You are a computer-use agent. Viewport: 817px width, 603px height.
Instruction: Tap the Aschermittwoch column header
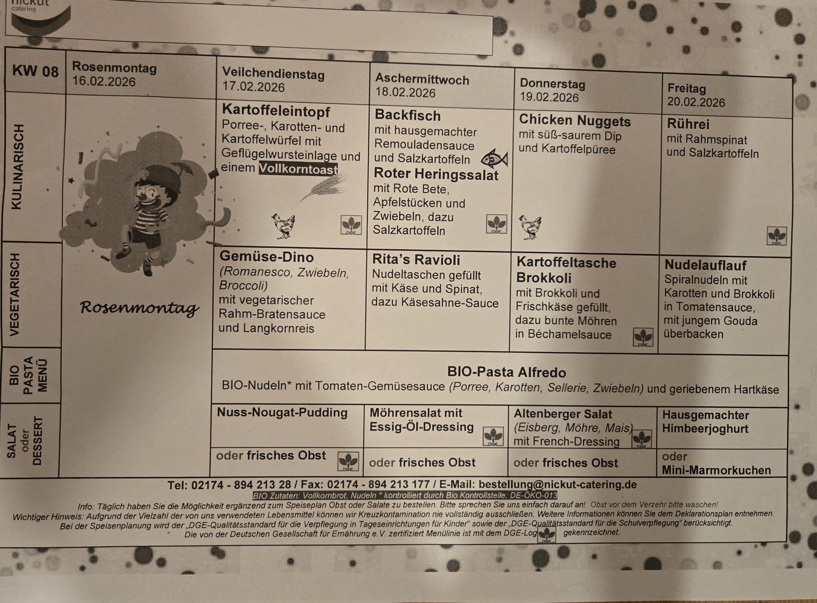[x=422, y=79]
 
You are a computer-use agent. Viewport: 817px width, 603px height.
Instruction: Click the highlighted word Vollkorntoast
[x=298, y=169]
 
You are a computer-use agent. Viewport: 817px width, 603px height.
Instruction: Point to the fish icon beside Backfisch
[x=494, y=159]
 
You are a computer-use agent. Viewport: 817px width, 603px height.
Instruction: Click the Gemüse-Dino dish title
[x=266, y=257]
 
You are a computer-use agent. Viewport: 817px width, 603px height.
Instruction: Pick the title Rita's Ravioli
[x=416, y=260]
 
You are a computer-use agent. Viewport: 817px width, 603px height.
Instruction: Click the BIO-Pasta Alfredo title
[x=506, y=372]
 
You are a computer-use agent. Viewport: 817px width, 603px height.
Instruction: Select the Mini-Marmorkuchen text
[x=716, y=470]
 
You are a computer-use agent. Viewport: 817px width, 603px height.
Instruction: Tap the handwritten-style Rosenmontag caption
[x=140, y=308]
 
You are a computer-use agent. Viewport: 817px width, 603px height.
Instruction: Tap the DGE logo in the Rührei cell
[x=777, y=236]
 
